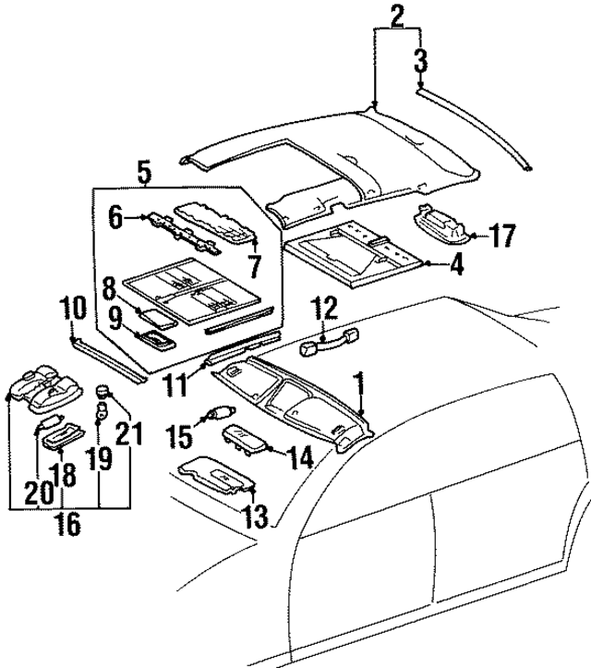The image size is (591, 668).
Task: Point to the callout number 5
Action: pos(144,171)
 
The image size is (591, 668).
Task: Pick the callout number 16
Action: pos(66,524)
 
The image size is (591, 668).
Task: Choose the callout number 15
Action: pos(179,434)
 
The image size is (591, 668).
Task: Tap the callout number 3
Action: pos(421,64)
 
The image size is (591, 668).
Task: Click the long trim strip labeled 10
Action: pos(106,358)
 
